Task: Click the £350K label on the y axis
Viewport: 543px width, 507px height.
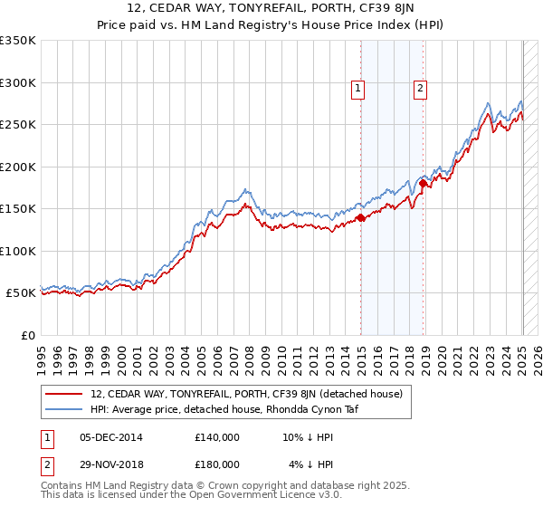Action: point(18,41)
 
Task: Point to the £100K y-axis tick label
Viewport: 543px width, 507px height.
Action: point(18,251)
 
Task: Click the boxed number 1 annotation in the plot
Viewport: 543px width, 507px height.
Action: point(358,89)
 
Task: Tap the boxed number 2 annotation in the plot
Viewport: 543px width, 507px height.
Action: point(421,89)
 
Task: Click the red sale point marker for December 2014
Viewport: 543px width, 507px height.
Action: point(361,217)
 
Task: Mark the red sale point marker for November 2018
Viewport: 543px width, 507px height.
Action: point(424,184)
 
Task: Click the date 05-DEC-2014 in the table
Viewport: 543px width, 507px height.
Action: point(110,437)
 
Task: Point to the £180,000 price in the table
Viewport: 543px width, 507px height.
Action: point(217,464)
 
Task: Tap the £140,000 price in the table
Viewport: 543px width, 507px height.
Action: point(217,437)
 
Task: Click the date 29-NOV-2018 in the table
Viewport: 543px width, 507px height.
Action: point(110,464)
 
